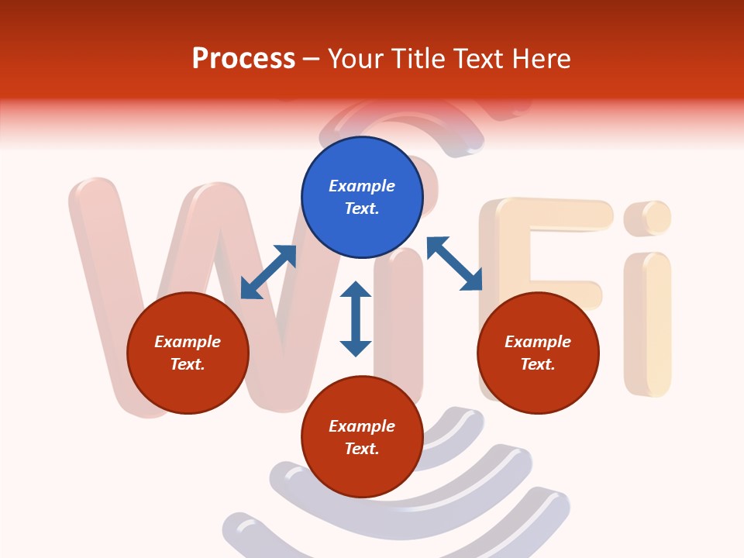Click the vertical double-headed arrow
pos(356,319)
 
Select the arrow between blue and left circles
pos(268,272)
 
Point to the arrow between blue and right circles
pos(454,263)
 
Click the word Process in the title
pos(243,58)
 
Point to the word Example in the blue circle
pos(362,186)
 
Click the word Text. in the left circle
pos(188,364)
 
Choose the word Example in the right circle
pos(538,342)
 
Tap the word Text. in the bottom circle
pos(362,449)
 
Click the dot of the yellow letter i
pos(648,218)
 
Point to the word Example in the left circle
pos(188,342)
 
